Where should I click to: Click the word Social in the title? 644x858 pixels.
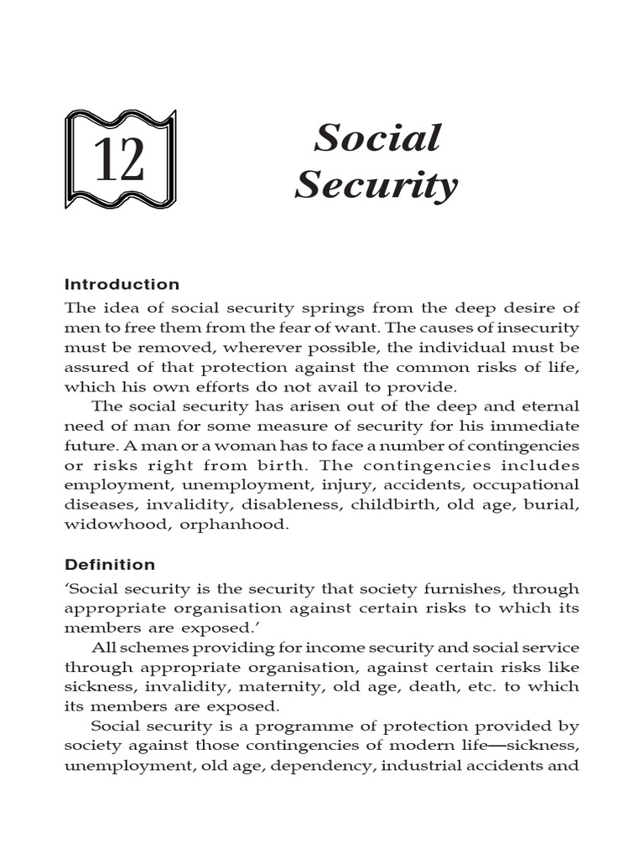(x=377, y=138)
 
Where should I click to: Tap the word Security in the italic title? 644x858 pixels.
(x=377, y=184)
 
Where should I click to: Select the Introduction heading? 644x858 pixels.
(x=122, y=284)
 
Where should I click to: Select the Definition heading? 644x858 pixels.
(x=110, y=564)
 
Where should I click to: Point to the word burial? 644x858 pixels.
(x=554, y=504)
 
